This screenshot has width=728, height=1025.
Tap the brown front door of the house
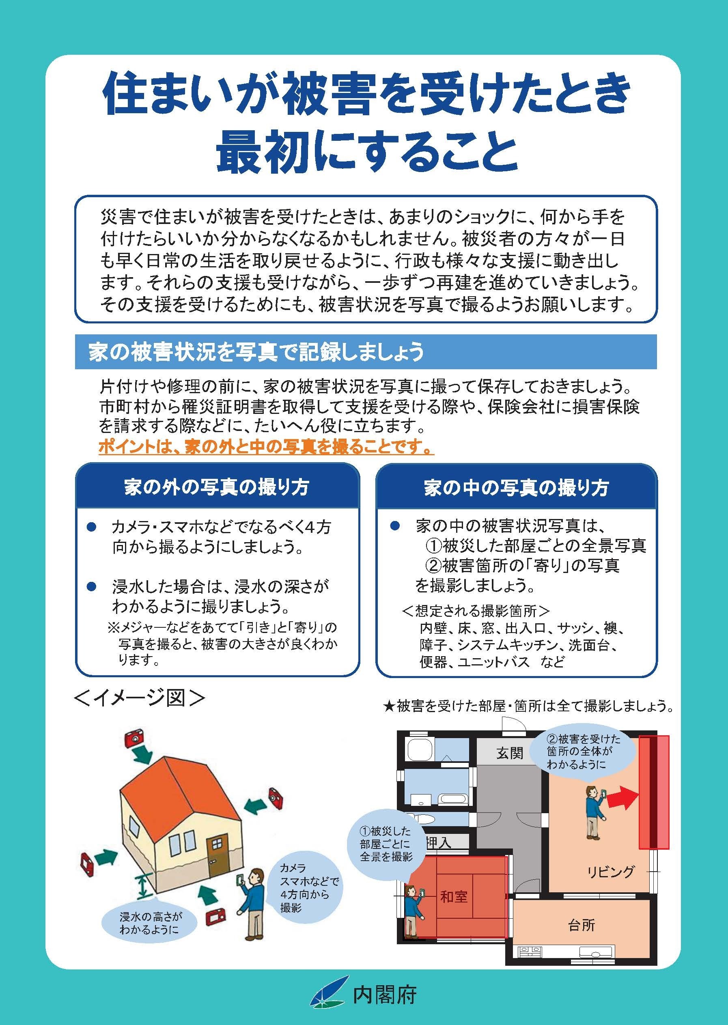click(x=218, y=857)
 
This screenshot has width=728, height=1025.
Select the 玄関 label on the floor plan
click(x=509, y=754)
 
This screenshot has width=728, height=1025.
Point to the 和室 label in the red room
click(x=454, y=896)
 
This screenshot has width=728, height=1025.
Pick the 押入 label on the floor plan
click(x=437, y=843)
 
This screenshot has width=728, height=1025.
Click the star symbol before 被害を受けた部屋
click(x=389, y=707)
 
